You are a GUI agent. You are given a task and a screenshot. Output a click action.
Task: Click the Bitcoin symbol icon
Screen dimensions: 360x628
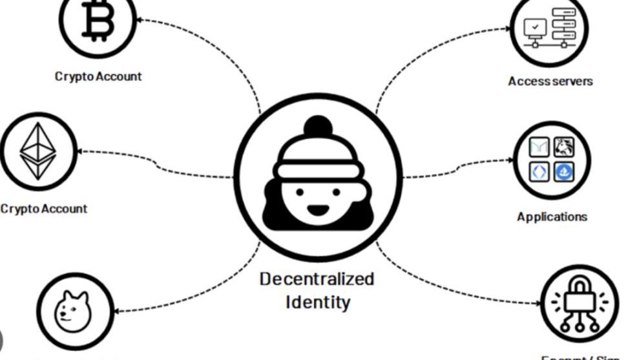click(99, 19)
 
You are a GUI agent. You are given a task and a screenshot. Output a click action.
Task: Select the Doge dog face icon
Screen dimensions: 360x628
click(74, 308)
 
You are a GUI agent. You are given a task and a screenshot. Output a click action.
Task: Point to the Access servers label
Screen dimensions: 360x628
click(550, 81)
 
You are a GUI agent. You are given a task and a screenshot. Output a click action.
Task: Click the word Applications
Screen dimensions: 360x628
click(552, 217)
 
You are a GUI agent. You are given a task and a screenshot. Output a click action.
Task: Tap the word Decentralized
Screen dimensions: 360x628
click(317, 279)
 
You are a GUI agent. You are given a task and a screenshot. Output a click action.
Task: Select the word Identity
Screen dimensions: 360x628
click(317, 301)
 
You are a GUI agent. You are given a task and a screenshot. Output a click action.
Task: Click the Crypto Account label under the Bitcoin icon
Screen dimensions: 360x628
click(98, 76)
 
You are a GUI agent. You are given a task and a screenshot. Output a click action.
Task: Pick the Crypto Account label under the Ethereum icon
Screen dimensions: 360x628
click(43, 209)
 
